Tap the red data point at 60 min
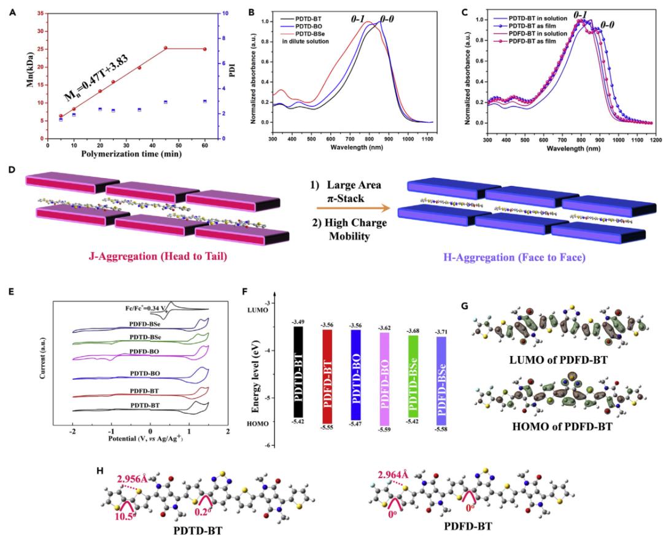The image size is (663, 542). pyautogui.click(x=204, y=49)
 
